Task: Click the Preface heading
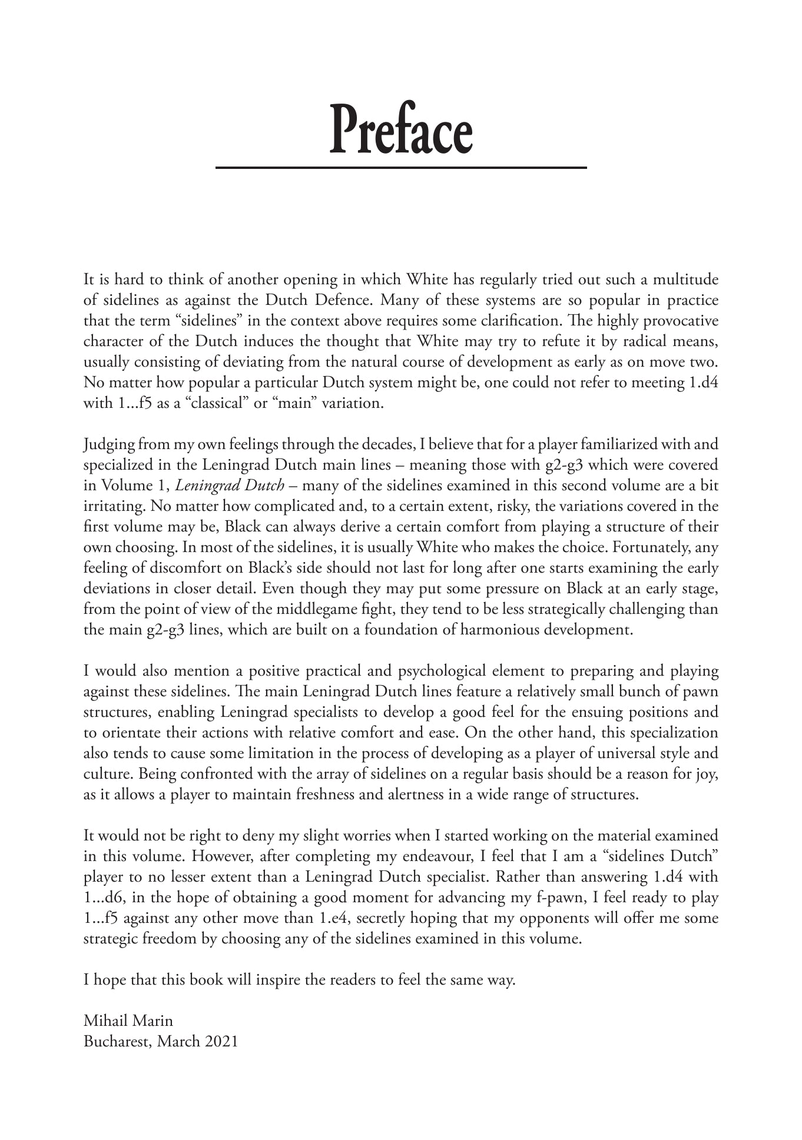(x=400, y=129)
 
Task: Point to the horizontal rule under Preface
(x=400, y=168)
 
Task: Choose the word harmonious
(x=504, y=630)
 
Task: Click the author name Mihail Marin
(x=128, y=1021)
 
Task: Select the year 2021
(x=222, y=1041)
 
